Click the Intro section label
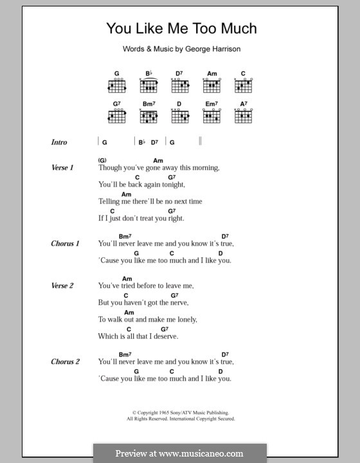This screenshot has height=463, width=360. [59, 142]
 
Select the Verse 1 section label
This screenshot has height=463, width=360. [63, 167]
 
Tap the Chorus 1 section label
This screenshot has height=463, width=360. [65, 244]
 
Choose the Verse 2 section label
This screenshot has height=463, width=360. [63, 286]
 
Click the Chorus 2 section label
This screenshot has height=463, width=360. [65, 361]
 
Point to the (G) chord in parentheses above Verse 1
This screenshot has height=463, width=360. [102, 160]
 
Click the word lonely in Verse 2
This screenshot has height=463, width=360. [183, 319]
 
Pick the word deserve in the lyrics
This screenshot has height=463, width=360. [165, 336]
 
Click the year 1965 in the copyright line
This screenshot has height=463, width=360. [162, 413]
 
